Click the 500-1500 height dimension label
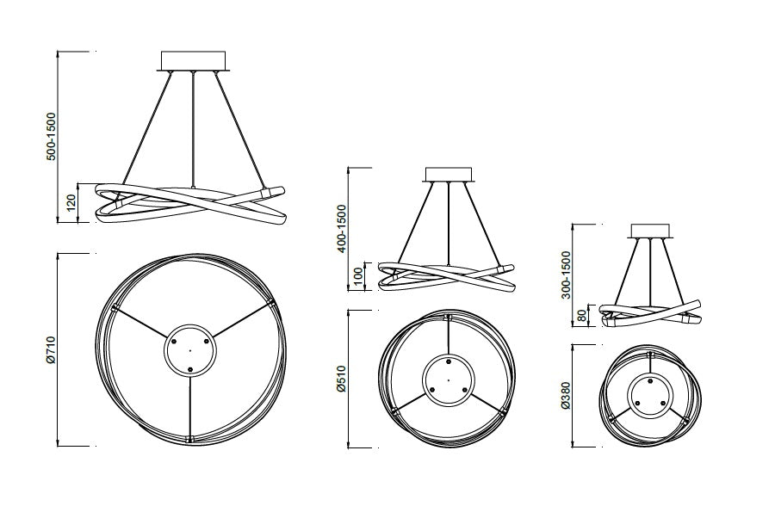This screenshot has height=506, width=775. pyautogui.click(x=52, y=136)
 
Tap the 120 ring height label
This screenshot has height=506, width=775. pyautogui.click(x=71, y=201)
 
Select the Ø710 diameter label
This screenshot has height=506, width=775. pyautogui.click(x=51, y=350)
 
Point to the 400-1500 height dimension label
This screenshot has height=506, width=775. pyautogui.click(x=342, y=228)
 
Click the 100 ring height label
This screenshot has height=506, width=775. pyautogui.click(x=359, y=275)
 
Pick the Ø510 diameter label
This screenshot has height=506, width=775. pyautogui.click(x=342, y=379)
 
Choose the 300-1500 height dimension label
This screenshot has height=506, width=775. pyautogui.click(x=566, y=275)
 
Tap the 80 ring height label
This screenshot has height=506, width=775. pyautogui.click(x=582, y=315)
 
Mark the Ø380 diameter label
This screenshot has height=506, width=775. pyautogui.click(x=566, y=395)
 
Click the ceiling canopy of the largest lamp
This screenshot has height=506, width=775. pyautogui.click(x=193, y=61)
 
